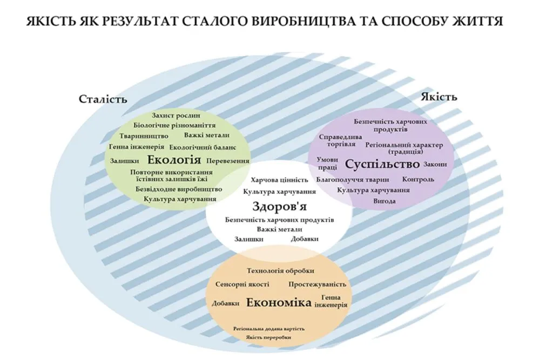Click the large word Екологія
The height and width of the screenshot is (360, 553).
coord(174,160)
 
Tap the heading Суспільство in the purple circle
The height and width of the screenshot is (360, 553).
coord(382,164)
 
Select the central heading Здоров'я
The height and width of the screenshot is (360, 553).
coord(279,206)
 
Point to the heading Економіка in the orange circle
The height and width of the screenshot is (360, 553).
coord(279,303)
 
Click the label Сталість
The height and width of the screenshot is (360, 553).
coord(103,99)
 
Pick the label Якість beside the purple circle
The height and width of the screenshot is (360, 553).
coord(439,97)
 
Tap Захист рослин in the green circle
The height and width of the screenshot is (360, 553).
coord(176,116)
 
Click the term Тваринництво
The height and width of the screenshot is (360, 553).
coord(144,136)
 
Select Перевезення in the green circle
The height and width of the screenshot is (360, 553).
coord(228,161)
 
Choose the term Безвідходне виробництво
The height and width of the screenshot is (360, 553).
coord(179,189)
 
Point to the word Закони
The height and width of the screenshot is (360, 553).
coord(435,164)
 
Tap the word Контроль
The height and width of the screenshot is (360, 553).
coord(418,180)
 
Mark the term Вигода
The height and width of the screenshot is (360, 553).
coord(385,201)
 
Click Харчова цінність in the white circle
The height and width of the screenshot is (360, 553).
coord(279,180)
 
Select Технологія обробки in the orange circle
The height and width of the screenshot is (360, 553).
coord(280,271)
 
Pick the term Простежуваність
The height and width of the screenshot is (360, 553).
coord(317,284)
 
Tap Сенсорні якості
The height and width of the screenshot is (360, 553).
coord(242,284)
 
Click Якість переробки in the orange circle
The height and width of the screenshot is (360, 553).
coord(269,337)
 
